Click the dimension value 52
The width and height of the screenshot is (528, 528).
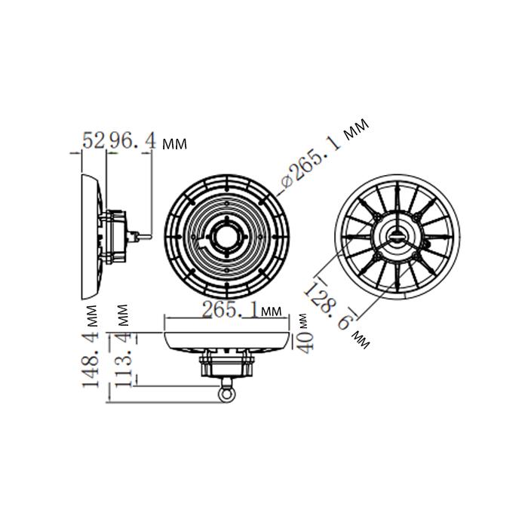point(94,140)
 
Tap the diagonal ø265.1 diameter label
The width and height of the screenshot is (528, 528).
point(312,164)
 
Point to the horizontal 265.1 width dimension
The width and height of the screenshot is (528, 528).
point(231,309)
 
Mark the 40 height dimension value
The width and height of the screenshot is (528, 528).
point(306,343)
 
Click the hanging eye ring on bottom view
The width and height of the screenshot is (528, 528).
point(226,394)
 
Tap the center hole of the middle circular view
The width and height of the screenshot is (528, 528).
point(226,237)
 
